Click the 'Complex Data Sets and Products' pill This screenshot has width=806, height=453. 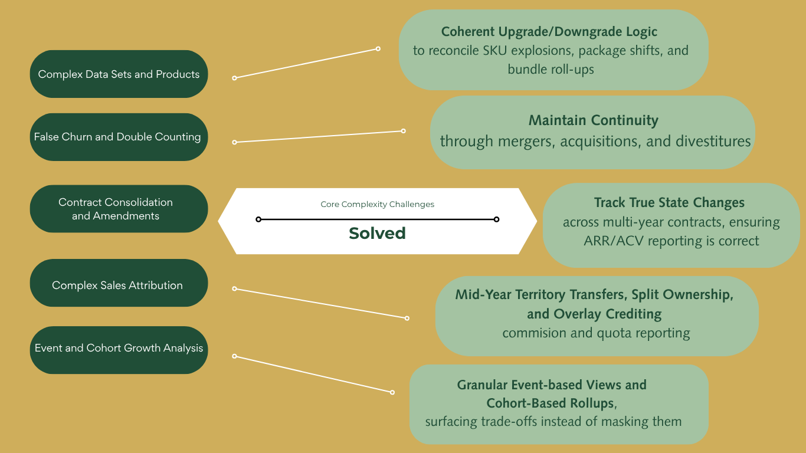coord(119,74)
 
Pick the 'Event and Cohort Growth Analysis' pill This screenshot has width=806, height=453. coord(119,348)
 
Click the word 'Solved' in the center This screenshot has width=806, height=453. coord(377,233)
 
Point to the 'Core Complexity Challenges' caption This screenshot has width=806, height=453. coord(377,205)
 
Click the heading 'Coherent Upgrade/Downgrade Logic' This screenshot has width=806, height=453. coord(549,31)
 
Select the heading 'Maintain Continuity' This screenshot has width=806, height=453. coord(593,120)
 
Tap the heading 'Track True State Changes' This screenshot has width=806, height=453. coord(669,203)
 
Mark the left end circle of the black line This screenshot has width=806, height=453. coord(258,219)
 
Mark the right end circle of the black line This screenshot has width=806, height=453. coord(496,219)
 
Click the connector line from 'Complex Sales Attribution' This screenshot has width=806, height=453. coord(320,303)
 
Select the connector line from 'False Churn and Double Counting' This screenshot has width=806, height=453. coord(319,136)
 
